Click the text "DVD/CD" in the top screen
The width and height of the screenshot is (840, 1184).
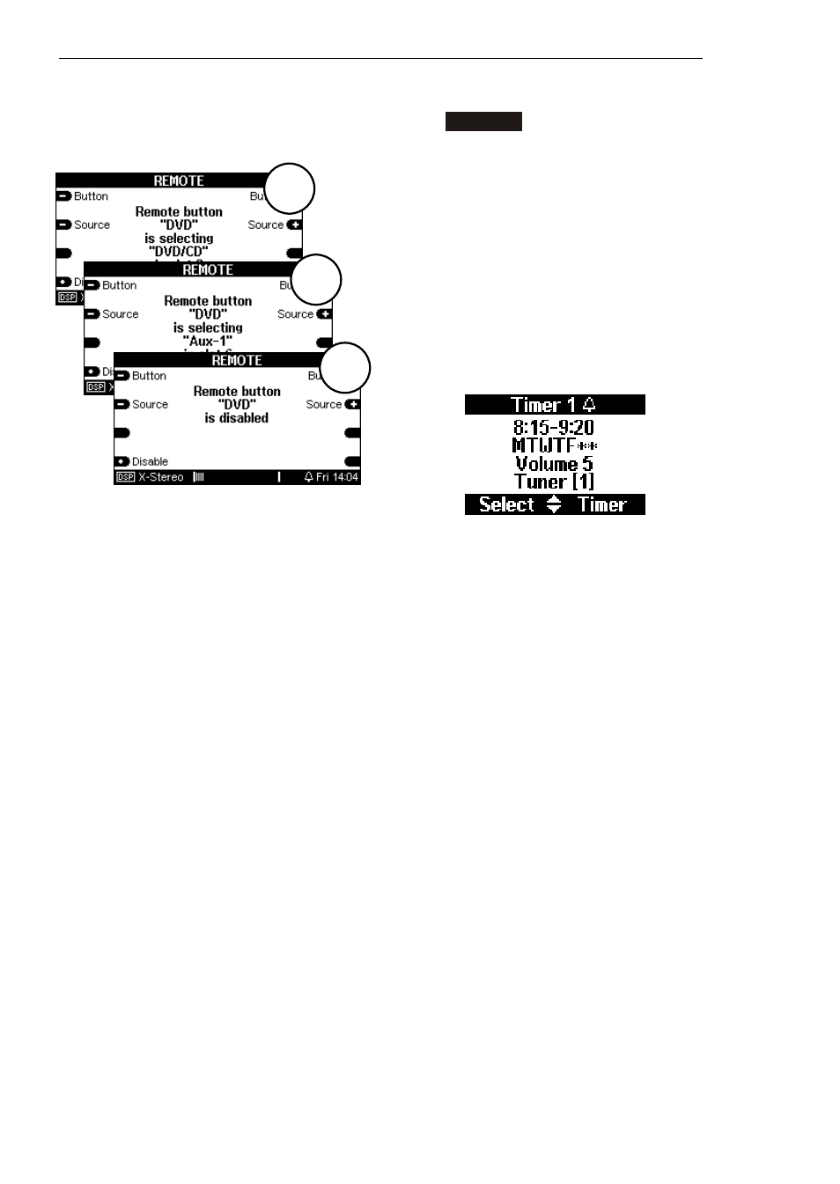tap(179, 251)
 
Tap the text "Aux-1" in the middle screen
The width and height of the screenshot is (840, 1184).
tap(208, 341)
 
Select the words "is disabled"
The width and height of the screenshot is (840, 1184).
tap(237, 418)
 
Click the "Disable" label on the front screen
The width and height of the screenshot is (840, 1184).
tap(150, 461)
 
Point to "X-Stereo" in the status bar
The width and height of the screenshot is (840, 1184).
tap(161, 477)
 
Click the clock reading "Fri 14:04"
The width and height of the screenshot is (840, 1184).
tap(337, 477)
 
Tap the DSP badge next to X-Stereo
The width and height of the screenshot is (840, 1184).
tap(125, 477)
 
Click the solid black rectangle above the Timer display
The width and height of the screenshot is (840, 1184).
tap(483, 121)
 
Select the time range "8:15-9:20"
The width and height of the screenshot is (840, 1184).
tap(554, 427)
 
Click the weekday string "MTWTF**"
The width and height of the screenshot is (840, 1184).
tap(554, 445)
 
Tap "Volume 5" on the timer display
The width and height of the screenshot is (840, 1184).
tap(554, 464)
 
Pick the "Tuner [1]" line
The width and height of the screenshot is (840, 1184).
tap(554, 482)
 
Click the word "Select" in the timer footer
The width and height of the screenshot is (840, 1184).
tap(506, 504)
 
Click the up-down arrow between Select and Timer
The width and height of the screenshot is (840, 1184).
tap(554, 504)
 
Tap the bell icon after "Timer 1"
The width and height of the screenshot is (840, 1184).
tap(590, 405)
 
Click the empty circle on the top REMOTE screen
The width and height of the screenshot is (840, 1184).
tap(289, 188)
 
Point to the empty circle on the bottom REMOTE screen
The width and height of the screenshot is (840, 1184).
tap(344, 367)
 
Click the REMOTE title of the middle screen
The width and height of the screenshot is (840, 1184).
tap(208, 270)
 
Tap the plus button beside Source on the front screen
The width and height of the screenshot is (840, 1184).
tap(352, 405)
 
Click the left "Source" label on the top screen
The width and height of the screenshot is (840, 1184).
tap(92, 225)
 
